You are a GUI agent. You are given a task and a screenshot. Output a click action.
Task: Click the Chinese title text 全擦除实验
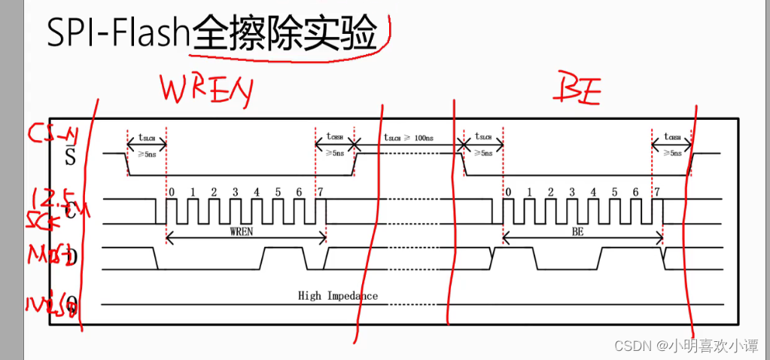(x=284, y=33)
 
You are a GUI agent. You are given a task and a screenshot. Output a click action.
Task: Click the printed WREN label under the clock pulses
(x=245, y=232)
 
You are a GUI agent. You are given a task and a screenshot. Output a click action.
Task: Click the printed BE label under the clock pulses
(x=577, y=232)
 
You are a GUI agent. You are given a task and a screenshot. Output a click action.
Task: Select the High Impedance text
(x=338, y=295)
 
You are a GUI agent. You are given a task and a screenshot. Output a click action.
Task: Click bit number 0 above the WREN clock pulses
(x=172, y=192)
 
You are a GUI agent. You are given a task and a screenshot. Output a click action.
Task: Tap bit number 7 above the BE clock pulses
(x=657, y=192)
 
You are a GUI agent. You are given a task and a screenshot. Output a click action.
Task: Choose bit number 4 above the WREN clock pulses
(x=257, y=192)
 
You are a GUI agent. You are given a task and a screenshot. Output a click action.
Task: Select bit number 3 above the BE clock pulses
(x=571, y=192)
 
